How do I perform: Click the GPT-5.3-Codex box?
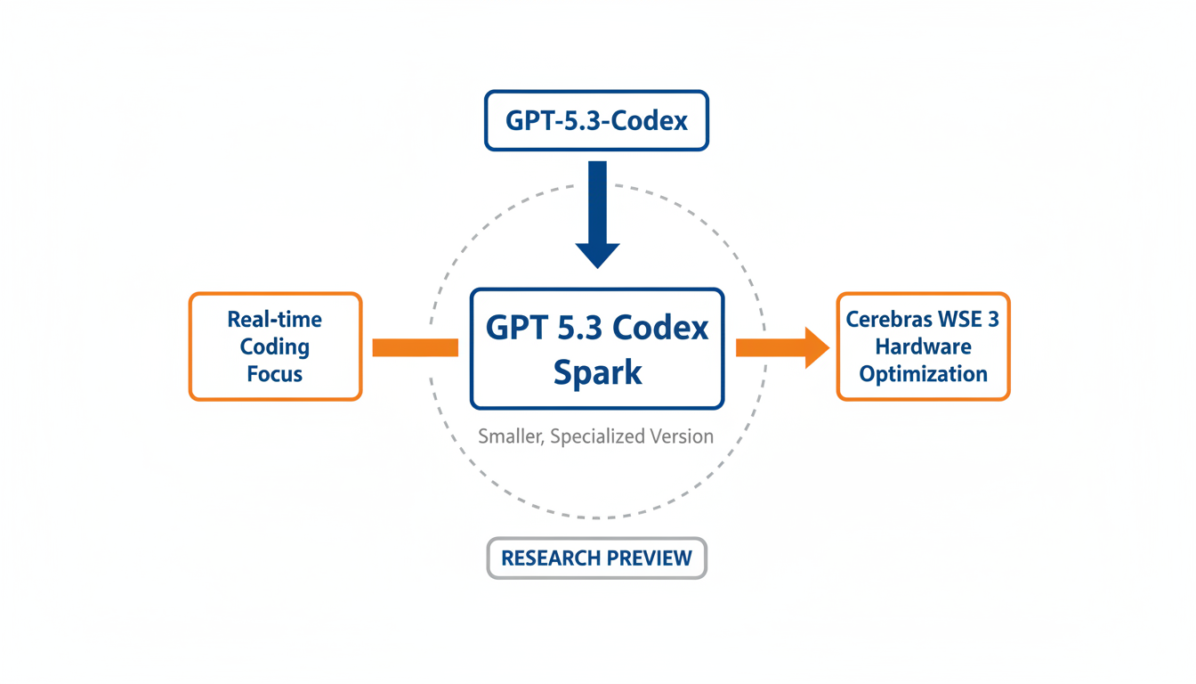tap(596, 120)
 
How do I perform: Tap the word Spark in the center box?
tap(597, 372)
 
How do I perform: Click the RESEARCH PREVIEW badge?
tap(596, 558)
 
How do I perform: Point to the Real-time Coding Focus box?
tap(275, 346)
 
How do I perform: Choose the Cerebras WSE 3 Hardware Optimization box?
tap(923, 346)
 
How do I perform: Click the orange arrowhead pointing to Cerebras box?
tap(816, 346)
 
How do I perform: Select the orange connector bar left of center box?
tap(415, 347)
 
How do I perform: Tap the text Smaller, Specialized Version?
tap(595, 436)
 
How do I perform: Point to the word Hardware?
tap(923, 346)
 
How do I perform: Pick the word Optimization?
tap(923, 374)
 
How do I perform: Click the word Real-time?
tap(275, 319)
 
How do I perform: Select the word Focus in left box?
tap(275, 374)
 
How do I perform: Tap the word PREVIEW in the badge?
tap(646, 558)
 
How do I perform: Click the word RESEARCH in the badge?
tap(546, 558)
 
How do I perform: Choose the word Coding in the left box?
tap(275, 346)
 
